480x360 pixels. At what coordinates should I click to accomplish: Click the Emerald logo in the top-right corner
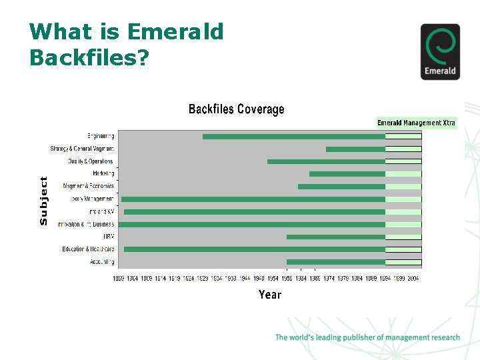[440, 51]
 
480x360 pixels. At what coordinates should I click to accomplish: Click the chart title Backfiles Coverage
[236, 109]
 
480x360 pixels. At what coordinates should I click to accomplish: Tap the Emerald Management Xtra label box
[416, 123]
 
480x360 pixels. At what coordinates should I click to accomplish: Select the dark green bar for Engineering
[293, 137]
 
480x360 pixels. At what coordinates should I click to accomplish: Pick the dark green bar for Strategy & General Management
[355, 149]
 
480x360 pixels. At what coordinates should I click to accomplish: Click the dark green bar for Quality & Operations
[326, 161]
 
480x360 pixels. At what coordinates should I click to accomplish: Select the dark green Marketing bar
[347, 174]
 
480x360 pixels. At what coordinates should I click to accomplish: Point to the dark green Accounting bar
[335, 262]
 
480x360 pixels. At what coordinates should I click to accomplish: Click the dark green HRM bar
[335, 237]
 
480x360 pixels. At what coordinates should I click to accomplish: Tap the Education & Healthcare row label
[88, 249]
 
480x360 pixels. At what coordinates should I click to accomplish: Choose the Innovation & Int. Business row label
[85, 224]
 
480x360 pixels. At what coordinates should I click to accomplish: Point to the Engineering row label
[101, 136]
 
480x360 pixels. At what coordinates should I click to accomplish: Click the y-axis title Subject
[44, 200]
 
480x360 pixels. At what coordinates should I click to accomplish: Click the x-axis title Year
[270, 295]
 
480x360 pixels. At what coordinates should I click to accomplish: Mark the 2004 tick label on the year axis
[413, 278]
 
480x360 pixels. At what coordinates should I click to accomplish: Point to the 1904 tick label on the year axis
[132, 278]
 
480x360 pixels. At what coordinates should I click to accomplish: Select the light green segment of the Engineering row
[403, 137]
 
